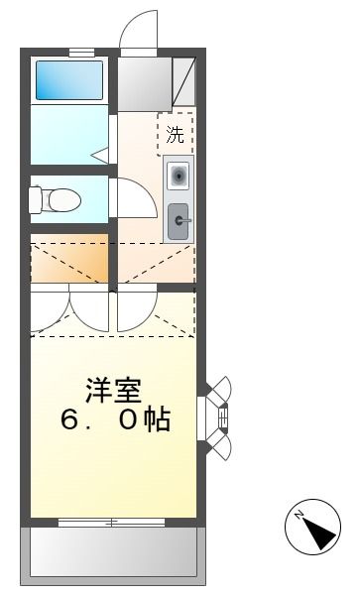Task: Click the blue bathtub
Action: (69, 79)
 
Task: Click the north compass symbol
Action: (313, 530)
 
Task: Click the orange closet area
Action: (69, 260)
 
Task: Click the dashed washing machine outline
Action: (176, 134)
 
